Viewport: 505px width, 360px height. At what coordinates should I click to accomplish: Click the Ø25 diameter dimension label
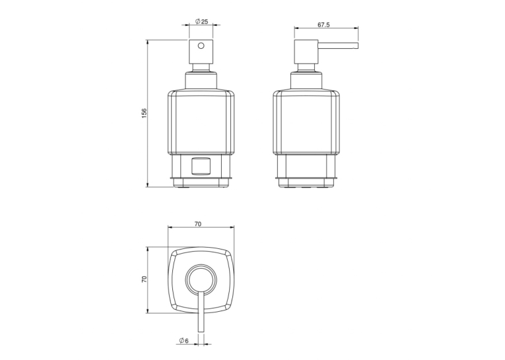(x=201, y=22)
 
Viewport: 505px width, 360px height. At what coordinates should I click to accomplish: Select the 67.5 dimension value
(x=323, y=25)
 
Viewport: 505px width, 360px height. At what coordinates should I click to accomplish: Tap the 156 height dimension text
(x=144, y=113)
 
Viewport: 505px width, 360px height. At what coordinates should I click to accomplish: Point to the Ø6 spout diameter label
(x=184, y=340)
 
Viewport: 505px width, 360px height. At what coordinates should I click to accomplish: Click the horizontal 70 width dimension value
(x=198, y=224)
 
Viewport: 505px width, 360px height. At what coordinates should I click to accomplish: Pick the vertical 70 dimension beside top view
(x=144, y=279)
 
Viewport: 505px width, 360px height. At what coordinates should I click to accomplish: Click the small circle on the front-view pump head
(x=201, y=46)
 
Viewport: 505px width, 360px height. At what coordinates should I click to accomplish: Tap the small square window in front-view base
(x=201, y=166)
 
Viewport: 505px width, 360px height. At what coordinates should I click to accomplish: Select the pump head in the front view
(x=201, y=52)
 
